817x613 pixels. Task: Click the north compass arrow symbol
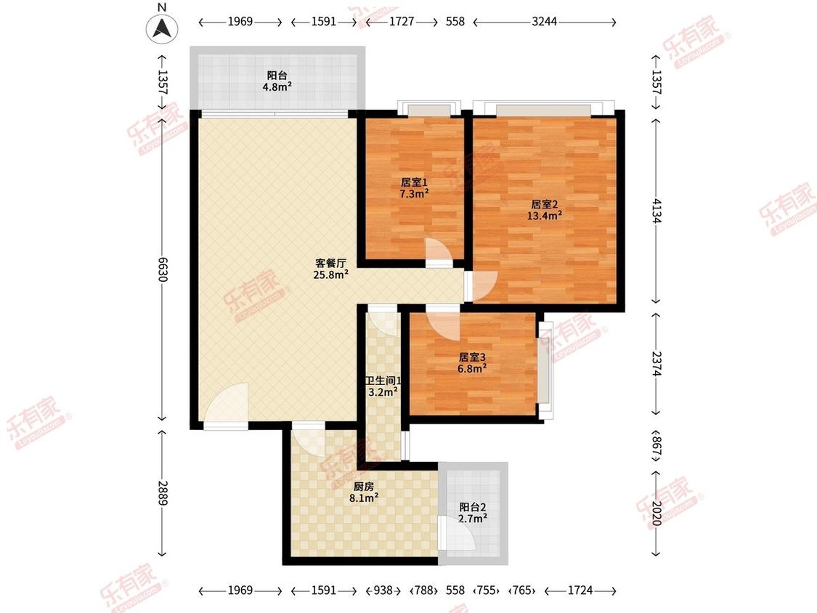tap(162, 28)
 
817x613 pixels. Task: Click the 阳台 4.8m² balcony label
tap(277, 81)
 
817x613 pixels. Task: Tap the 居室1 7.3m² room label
tap(414, 188)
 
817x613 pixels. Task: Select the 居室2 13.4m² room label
tap(545, 210)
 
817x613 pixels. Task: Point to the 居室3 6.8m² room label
tap(472, 363)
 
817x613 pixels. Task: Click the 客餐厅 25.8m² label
tap(331, 269)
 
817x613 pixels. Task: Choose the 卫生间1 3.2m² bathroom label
tap(383, 386)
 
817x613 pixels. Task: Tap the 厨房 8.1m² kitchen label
tap(364, 492)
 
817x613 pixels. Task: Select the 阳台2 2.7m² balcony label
tap(473, 512)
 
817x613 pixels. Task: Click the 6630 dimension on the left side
tap(163, 269)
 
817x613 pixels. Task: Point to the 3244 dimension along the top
tap(545, 21)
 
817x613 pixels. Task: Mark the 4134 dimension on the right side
tap(656, 210)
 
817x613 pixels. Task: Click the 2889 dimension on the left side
tap(163, 492)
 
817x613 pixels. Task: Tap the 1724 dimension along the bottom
tap(580, 590)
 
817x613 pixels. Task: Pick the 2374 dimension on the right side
tap(656, 363)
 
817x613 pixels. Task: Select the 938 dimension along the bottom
tap(383, 590)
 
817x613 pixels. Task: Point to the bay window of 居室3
tap(545, 369)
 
